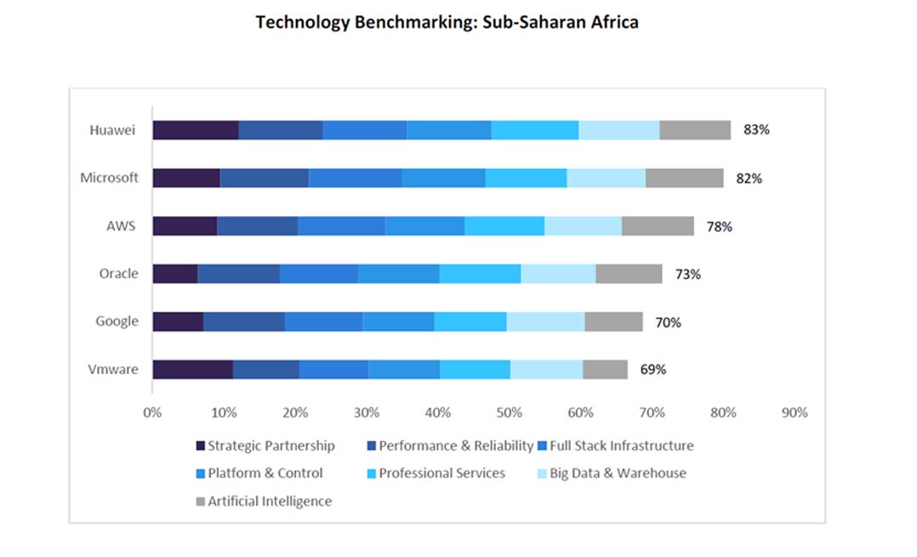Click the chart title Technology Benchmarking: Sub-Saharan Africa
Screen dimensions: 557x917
(447, 22)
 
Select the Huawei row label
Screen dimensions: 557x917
(113, 130)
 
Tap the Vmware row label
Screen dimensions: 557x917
(113, 369)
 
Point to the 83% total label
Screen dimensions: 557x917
(756, 130)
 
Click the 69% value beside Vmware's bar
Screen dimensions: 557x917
(652, 369)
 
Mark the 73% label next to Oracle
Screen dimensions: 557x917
(687, 274)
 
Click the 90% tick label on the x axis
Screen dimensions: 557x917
(794, 412)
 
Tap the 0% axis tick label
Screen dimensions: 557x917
(152, 412)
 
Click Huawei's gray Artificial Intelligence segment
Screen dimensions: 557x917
(695, 130)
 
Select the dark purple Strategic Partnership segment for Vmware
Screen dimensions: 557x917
(192, 369)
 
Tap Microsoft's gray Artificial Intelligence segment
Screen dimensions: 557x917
(684, 178)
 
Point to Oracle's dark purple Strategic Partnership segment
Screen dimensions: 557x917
(175, 274)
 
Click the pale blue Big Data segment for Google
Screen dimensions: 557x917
(545, 321)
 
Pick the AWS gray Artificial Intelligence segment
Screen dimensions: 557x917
(658, 226)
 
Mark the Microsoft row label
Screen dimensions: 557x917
(109, 178)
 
